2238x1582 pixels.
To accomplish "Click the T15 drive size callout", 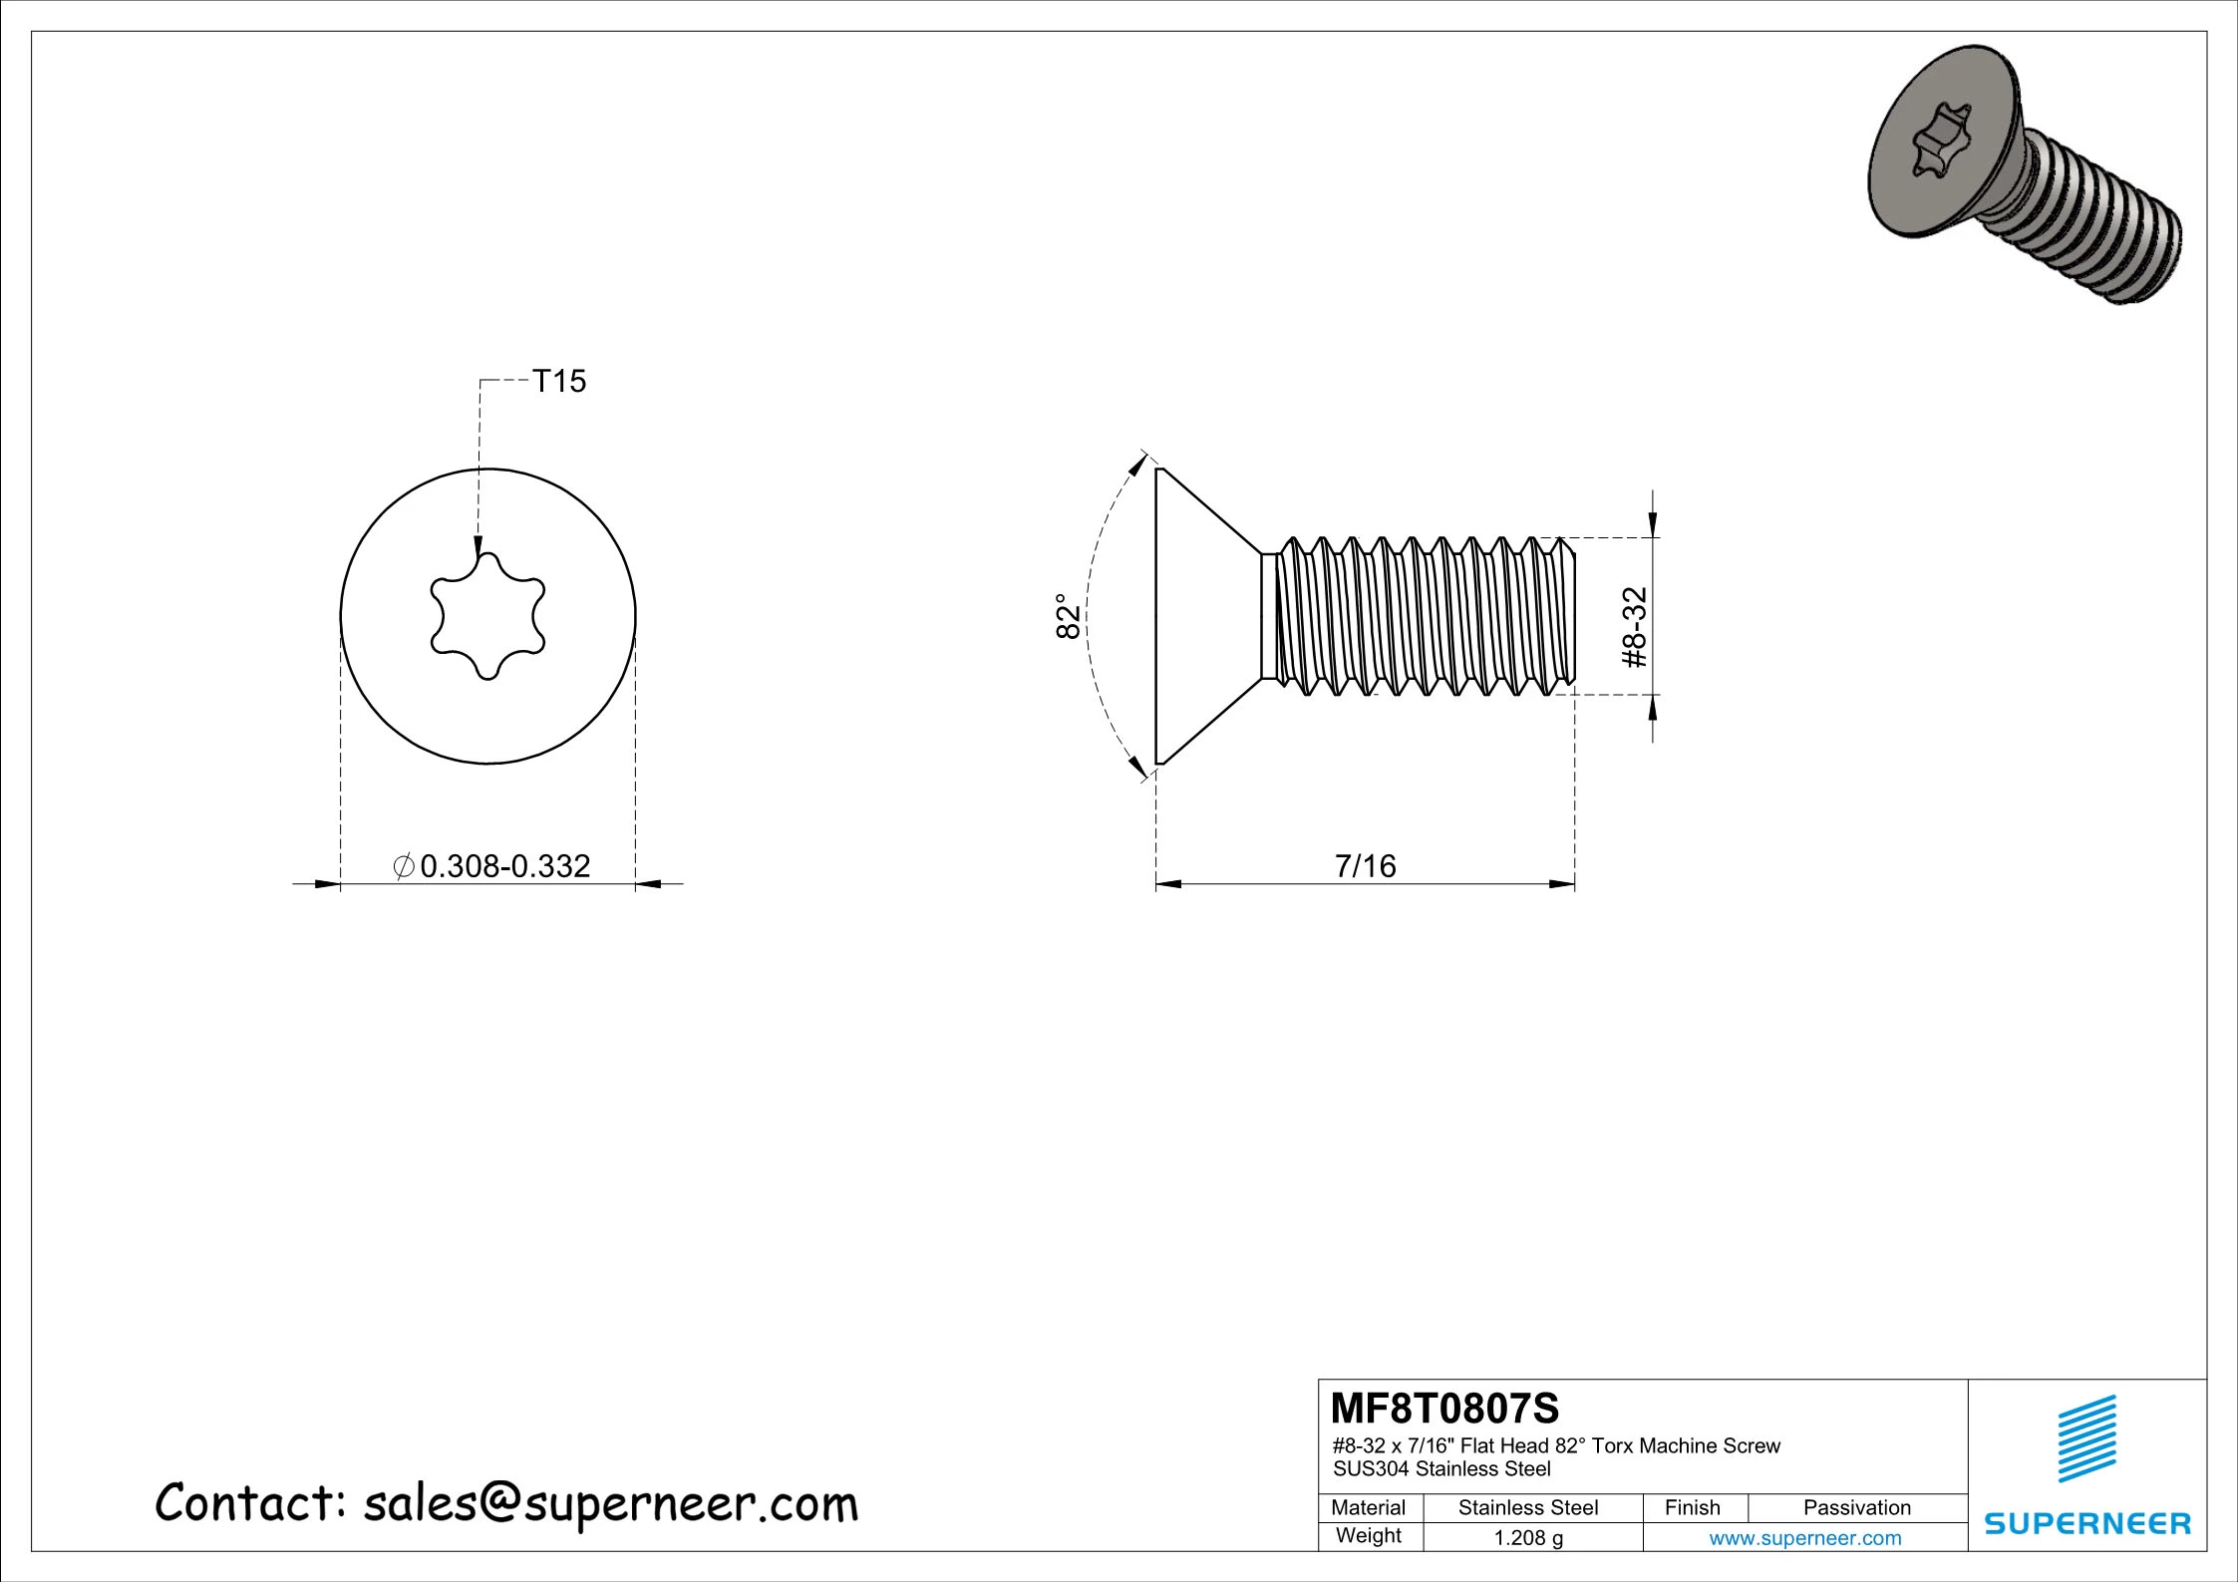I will pos(558,381).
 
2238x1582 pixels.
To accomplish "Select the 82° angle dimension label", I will pos(1068,616).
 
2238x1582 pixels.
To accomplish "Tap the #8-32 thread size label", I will pos(1635,627).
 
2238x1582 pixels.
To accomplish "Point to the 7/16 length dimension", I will pos(1365,865).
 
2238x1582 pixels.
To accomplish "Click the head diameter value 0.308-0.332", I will pos(505,865).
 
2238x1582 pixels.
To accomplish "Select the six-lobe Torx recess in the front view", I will pos(487,616).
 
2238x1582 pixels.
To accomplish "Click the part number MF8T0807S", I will pos(1444,1409).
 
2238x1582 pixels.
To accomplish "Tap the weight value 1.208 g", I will pos(1527,1537).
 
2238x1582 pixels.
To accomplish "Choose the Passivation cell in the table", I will pos(1856,1507).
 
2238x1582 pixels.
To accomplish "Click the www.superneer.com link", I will pos(1804,1537).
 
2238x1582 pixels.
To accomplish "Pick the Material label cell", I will pos(1368,1507).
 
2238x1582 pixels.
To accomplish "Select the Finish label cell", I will pos(1692,1507).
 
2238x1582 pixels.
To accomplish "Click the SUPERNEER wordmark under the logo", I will pos(2086,1523).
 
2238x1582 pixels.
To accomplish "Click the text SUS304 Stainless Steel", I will pos(1441,1468).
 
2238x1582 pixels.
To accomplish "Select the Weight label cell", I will pos(1368,1535).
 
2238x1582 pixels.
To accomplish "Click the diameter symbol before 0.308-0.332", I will pos(404,865).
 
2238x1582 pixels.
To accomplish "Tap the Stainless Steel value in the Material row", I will pos(1527,1507).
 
